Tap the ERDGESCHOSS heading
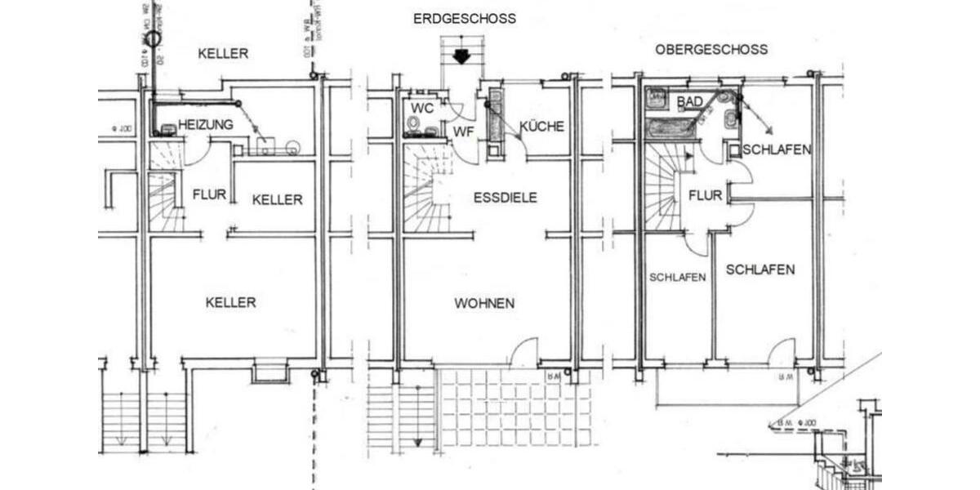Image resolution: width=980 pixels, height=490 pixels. point(465,19)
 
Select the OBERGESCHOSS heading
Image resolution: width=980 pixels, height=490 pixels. point(711,49)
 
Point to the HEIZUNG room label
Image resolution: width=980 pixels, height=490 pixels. point(205,124)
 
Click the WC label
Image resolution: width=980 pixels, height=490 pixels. point(422,109)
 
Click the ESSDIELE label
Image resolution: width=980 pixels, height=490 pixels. point(505,198)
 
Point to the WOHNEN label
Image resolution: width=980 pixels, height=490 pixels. point(484,303)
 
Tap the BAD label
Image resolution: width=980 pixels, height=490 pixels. point(690,101)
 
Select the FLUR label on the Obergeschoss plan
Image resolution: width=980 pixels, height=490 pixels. point(705,196)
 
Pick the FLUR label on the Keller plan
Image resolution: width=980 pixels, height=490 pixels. point(209,195)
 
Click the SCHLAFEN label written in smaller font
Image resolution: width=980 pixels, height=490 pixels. point(677,277)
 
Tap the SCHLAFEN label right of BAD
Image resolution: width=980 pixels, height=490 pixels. point(777,150)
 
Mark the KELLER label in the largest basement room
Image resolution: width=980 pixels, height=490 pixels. point(230,302)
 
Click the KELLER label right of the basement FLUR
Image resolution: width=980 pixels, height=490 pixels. point(277,200)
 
